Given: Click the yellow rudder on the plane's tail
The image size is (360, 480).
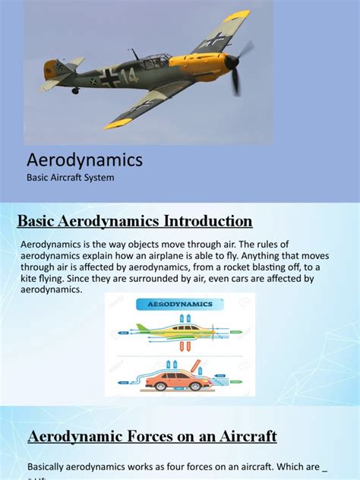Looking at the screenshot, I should (x=51, y=69).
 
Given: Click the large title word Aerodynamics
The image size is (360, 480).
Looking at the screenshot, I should (x=84, y=160).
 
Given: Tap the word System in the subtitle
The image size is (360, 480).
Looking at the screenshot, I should (x=116, y=178).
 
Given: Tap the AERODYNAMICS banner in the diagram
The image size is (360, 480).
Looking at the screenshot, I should (x=179, y=304).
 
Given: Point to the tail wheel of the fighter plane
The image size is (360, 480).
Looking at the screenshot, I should (x=74, y=91).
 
